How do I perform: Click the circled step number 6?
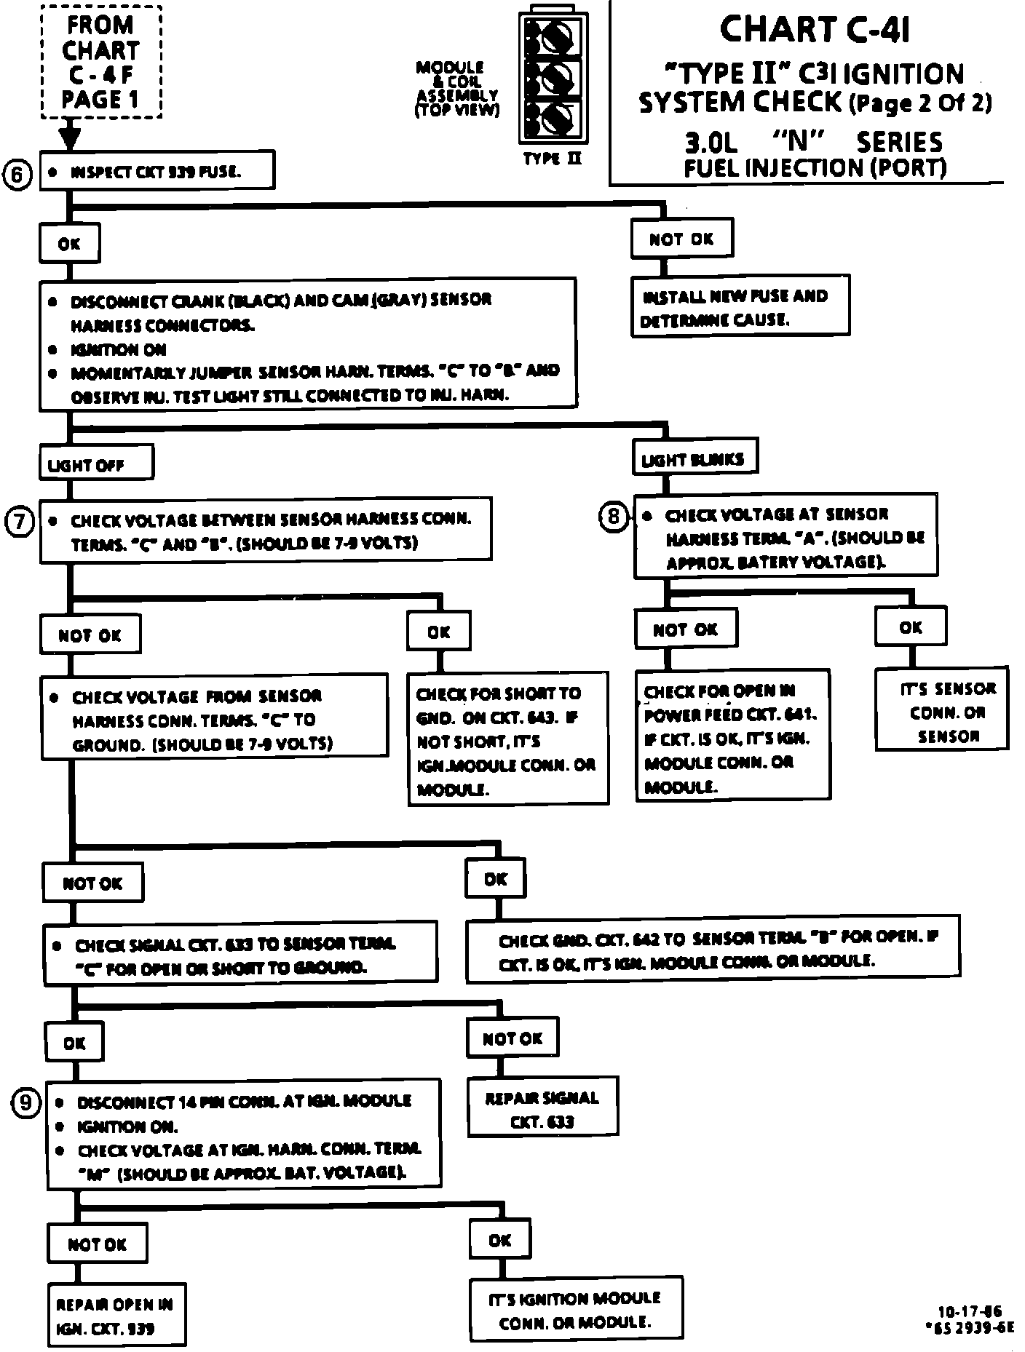click(19, 175)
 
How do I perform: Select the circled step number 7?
click(19, 521)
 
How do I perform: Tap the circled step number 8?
click(613, 516)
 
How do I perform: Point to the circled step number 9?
click(25, 1103)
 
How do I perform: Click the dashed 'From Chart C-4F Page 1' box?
click(100, 62)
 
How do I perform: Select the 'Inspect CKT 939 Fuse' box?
click(157, 170)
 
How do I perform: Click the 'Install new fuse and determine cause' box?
click(740, 306)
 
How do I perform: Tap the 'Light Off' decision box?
click(96, 464)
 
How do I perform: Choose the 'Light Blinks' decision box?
click(694, 458)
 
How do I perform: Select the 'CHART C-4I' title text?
click(814, 31)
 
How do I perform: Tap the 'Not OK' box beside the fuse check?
click(681, 239)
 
